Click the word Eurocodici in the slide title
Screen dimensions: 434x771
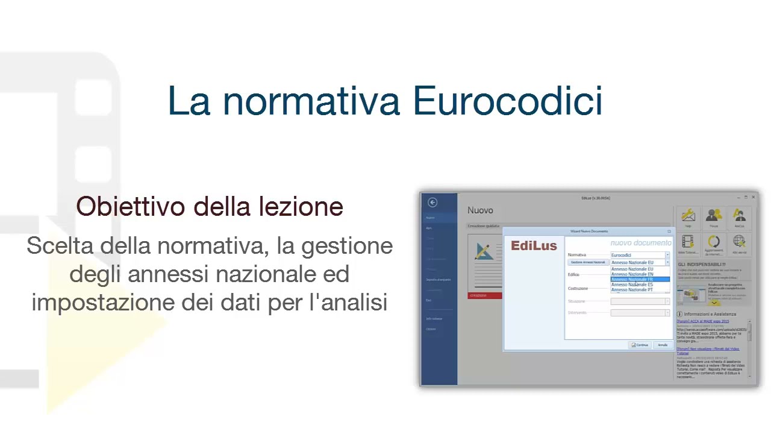pos(508,101)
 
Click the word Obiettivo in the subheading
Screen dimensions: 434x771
pos(130,207)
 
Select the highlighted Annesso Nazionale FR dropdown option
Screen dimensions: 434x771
pos(632,280)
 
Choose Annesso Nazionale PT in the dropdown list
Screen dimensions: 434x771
pos(632,290)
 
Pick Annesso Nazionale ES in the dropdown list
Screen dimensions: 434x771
pos(632,285)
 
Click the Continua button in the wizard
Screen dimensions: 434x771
pos(640,345)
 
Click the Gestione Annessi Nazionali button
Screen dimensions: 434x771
pos(588,263)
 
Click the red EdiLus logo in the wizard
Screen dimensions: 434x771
pos(534,246)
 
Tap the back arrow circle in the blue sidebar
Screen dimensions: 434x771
pos(432,203)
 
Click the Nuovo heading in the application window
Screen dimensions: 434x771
pos(480,210)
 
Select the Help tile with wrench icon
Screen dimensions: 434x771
pos(688,218)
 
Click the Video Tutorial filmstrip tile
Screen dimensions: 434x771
pos(688,244)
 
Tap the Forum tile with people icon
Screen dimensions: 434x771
pos(714,218)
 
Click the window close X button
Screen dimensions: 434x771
pos(753,197)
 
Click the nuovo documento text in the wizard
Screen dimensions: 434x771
pos(640,243)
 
